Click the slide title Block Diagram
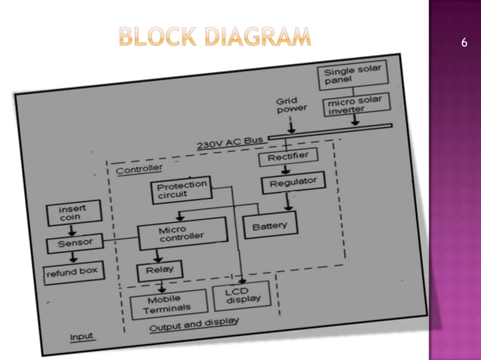pos(214,36)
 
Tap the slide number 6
pos(464,43)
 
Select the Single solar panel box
pos(352,75)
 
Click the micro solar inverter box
pos(354,106)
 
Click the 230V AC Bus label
pos(230,143)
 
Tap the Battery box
pos(269,224)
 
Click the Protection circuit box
pos(180,189)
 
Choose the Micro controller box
pos(182,233)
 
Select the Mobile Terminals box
pos(167,304)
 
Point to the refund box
pos(72,272)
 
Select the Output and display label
pos(193,325)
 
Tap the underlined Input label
pos(82,337)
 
